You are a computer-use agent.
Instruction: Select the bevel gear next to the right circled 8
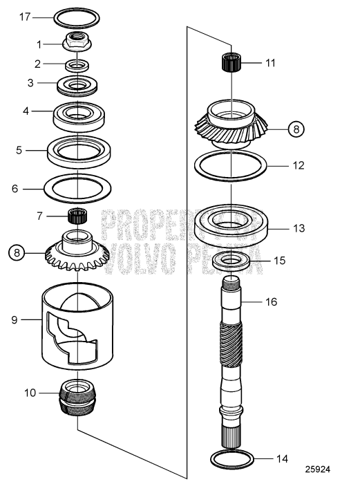tap(228, 124)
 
